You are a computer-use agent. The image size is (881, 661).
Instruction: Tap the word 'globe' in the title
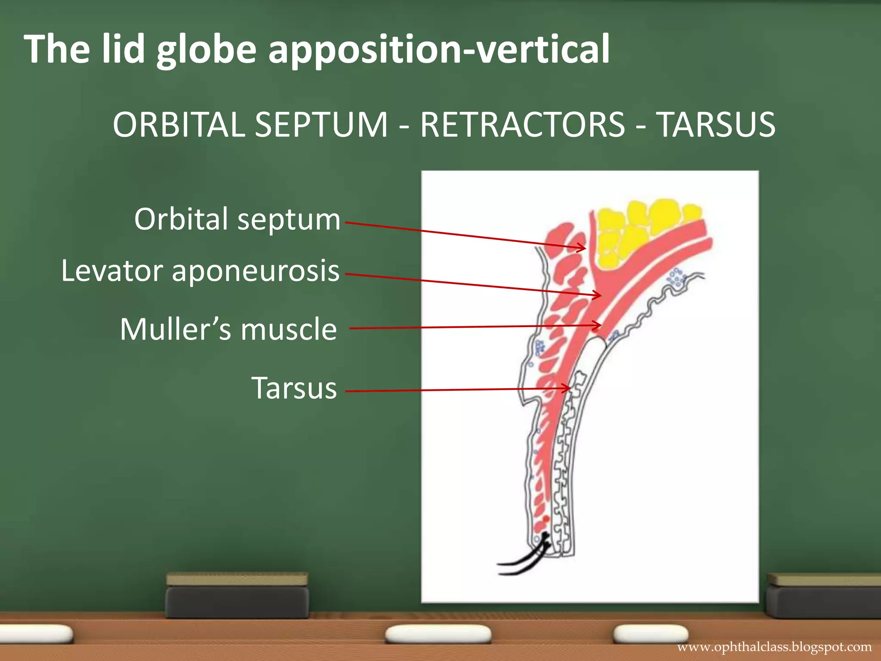point(206,49)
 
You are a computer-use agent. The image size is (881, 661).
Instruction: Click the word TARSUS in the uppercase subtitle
point(717,125)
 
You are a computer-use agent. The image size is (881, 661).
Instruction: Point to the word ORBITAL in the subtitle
point(179,125)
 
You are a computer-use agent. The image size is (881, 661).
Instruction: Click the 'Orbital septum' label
point(237,219)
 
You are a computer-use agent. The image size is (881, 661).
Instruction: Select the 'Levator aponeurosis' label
point(200,271)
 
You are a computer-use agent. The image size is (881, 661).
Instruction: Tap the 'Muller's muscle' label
point(228,329)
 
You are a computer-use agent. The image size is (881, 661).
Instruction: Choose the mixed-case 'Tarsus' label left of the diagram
point(294,388)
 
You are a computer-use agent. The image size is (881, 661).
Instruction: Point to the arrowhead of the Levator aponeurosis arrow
point(598,295)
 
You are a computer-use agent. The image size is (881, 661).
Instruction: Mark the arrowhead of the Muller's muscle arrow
point(597,326)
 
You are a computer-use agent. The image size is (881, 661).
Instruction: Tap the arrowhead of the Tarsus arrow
point(567,389)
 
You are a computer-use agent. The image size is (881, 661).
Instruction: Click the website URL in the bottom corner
point(774,647)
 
